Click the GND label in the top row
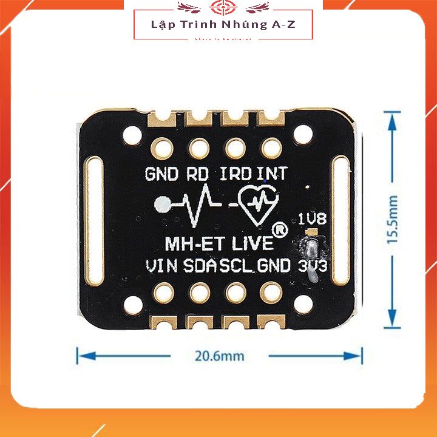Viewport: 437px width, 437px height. (161, 175)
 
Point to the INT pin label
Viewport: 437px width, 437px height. (271, 175)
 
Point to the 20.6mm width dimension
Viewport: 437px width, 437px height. (219, 356)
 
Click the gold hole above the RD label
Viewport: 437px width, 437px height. (198, 147)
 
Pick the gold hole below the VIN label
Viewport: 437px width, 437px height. (162, 293)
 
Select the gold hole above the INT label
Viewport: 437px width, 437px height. (271, 147)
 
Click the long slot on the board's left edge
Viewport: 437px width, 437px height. (94, 220)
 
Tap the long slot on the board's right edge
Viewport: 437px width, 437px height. (340, 220)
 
